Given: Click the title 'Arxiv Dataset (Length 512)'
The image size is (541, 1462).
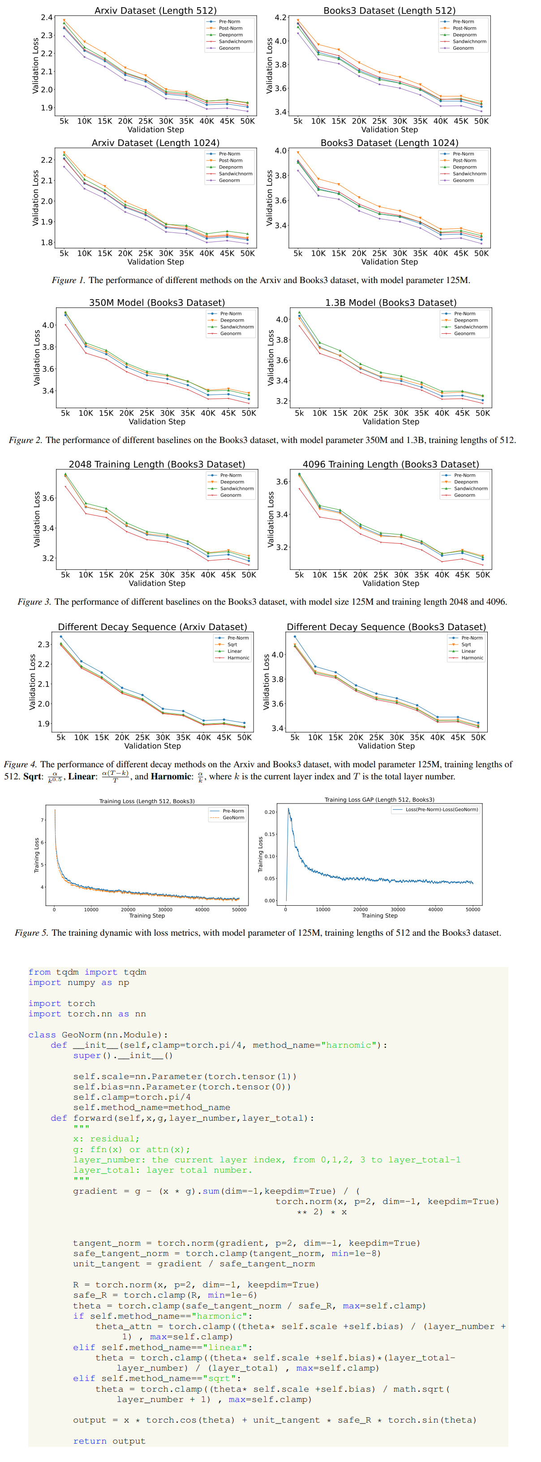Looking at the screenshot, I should click(x=155, y=10).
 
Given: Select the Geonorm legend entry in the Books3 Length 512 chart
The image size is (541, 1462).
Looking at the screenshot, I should click(x=463, y=48).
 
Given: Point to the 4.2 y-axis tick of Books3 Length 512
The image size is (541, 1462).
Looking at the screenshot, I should click(x=280, y=17).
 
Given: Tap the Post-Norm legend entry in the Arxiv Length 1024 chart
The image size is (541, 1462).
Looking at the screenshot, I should click(x=230, y=161).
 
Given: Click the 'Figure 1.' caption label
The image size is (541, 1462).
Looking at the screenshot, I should click(x=68, y=280).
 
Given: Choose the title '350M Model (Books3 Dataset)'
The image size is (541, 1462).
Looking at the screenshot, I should click(x=157, y=302).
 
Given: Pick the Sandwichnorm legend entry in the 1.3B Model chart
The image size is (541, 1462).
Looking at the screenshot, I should click(x=470, y=327).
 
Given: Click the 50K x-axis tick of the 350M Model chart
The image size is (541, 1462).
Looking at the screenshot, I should click(x=249, y=413).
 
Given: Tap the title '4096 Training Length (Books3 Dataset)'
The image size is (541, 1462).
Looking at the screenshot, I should click(x=391, y=464).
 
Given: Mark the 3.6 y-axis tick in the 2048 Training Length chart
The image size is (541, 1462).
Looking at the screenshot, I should click(x=48, y=498).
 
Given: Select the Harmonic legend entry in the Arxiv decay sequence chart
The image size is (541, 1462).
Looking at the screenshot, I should click(x=238, y=658).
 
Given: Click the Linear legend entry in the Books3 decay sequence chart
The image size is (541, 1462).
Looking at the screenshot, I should click(x=468, y=651).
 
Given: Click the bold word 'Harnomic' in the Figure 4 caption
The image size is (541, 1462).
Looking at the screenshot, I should click(x=171, y=776).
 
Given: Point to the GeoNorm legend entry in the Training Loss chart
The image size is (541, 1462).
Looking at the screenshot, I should click(x=233, y=818).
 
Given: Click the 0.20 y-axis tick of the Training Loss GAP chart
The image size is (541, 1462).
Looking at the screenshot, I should click(x=269, y=812).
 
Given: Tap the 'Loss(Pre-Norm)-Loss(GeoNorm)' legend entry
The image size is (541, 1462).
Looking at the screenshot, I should click(x=441, y=809).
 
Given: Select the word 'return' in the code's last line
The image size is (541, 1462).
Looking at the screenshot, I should click(x=89, y=1441).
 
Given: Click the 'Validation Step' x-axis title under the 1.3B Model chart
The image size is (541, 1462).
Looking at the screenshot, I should click(x=391, y=421).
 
